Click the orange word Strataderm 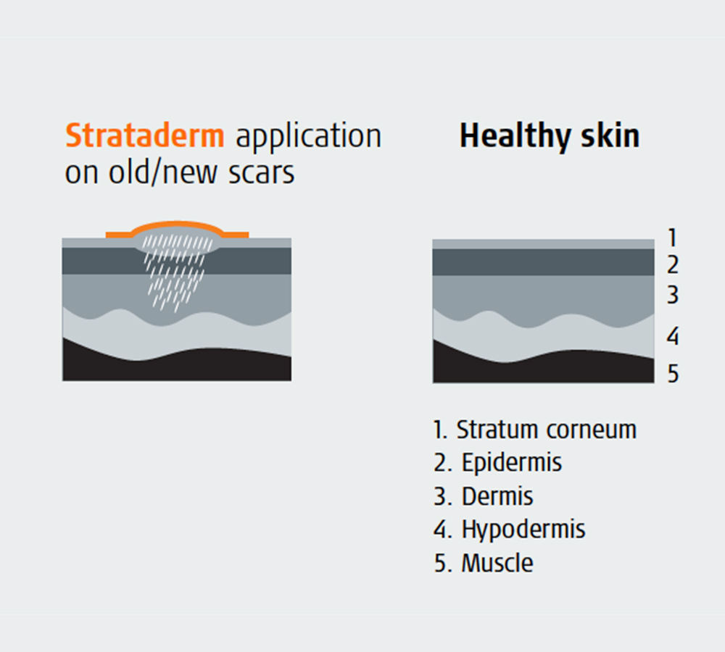click(145, 135)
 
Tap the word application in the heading click(308, 137)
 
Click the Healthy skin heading click(550, 137)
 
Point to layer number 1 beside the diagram click(673, 238)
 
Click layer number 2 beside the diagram click(673, 264)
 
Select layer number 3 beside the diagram click(673, 295)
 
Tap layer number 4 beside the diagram click(673, 336)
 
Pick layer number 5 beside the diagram click(673, 373)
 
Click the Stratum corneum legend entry click(535, 430)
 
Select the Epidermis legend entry click(497, 463)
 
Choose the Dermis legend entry click(483, 496)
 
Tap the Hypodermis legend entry click(510, 530)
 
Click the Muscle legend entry click(483, 563)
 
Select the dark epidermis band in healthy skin click(543, 262)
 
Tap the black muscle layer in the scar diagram click(177, 367)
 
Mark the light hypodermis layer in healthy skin click(543, 340)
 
